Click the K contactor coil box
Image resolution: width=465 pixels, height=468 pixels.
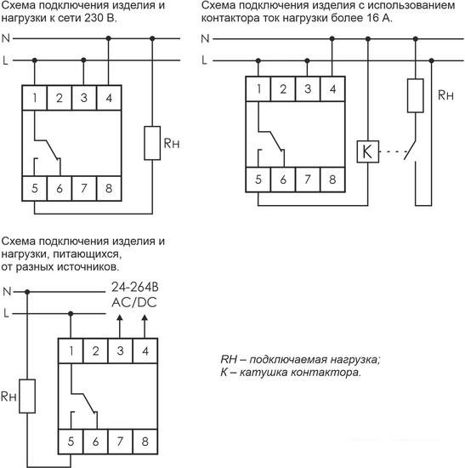pos(368,151)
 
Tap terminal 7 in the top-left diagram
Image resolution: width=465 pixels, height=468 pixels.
pos(84,188)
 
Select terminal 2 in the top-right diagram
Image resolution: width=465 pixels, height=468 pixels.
pos(283,88)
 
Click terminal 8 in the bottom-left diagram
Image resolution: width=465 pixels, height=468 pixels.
pos(145,442)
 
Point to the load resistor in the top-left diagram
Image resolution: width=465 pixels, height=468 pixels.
pos(152,143)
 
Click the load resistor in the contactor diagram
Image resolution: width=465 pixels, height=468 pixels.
pos(416,95)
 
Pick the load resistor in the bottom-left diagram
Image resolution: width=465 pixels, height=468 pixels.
pos(27,396)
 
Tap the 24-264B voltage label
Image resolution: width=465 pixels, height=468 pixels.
pos(135,287)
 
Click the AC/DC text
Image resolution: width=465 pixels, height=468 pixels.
pos(134,303)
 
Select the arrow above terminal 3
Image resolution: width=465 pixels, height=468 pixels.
pos(120,327)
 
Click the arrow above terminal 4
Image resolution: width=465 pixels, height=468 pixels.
pos(145,327)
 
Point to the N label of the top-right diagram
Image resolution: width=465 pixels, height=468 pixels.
pos(205,39)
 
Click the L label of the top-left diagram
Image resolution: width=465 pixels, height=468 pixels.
pos(5,60)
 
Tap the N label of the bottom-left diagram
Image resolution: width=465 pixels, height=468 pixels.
pos(7,292)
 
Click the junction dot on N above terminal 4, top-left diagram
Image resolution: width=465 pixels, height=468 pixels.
pos(109,38)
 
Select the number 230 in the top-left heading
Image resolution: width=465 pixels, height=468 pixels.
pos(92,18)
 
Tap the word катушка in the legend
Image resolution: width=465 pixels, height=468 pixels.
pos(263,373)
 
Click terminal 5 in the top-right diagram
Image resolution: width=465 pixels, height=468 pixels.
pos(258,180)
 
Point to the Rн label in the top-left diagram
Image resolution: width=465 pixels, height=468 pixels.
pos(172,144)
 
